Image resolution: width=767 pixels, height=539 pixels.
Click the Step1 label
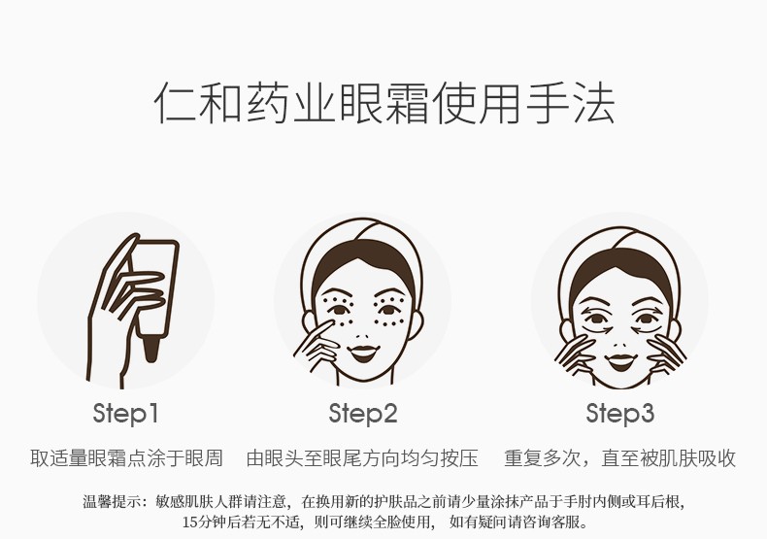[x=125, y=414]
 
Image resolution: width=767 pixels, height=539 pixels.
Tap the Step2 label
[x=362, y=414]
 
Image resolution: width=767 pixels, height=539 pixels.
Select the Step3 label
[x=619, y=414]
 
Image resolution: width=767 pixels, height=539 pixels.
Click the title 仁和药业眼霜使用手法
[x=384, y=104]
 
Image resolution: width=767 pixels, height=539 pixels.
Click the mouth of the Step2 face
[x=364, y=352]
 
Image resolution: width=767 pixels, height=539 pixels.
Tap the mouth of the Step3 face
[x=619, y=362]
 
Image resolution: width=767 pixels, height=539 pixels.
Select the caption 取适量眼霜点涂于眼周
[x=126, y=458]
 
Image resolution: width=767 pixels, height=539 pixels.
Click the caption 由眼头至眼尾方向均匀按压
[x=362, y=458]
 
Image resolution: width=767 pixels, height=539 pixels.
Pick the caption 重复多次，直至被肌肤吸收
[x=619, y=458]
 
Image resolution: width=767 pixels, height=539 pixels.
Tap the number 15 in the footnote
[x=189, y=522]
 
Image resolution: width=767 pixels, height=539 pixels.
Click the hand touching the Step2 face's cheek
[x=317, y=345]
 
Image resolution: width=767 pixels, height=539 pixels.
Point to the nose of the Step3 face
[x=619, y=345]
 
